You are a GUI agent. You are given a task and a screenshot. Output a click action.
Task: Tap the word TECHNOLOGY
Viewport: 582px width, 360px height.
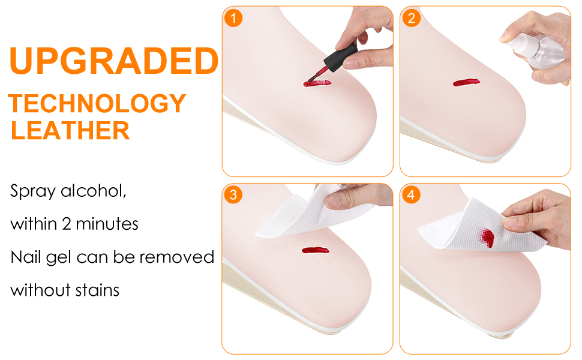click(x=97, y=104)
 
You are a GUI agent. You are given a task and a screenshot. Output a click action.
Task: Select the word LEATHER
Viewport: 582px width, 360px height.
click(x=70, y=130)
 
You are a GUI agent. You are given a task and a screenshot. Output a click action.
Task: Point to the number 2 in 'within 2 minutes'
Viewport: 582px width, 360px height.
click(x=66, y=224)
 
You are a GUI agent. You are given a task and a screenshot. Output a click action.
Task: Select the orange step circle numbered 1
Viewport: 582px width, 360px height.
click(x=233, y=17)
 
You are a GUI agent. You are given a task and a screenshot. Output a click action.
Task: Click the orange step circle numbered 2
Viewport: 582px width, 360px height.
click(x=411, y=17)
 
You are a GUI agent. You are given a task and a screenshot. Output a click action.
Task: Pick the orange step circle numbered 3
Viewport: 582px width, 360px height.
click(x=233, y=194)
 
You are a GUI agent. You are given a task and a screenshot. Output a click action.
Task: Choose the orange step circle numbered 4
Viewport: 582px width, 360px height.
click(x=411, y=194)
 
